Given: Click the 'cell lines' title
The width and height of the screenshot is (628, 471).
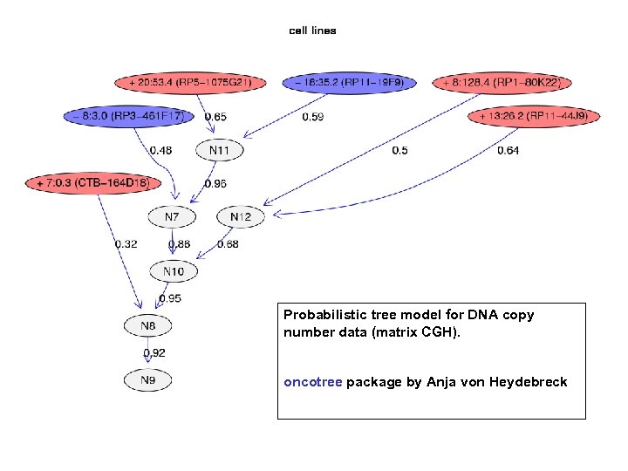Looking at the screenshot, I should pyautogui.click(x=312, y=31).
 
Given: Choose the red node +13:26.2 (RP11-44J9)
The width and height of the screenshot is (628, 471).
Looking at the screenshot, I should pyautogui.click(x=534, y=116).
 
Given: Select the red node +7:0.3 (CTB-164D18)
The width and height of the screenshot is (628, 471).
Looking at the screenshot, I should pyautogui.click(x=93, y=183).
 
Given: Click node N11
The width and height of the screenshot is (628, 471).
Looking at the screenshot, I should pyautogui.click(x=220, y=150).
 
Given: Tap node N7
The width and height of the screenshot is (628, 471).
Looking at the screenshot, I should pyautogui.click(x=173, y=216).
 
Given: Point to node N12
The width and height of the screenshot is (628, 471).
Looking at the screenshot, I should pyautogui.click(x=241, y=216).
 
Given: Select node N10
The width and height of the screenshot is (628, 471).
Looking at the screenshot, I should pyautogui.click(x=174, y=271).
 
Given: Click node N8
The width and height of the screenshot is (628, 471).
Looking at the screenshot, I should pyautogui.click(x=148, y=326).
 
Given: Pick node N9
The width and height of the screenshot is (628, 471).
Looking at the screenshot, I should pyautogui.click(x=148, y=380).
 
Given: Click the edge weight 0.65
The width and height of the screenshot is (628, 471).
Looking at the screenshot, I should pyautogui.click(x=215, y=117).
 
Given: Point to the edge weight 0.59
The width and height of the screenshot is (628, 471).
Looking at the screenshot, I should pyautogui.click(x=312, y=117).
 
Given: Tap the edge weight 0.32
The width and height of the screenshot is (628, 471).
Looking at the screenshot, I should pyautogui.click(x=126, y=244).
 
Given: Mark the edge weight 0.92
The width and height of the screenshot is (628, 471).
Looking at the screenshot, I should pyautogui.click(x=154, y=353).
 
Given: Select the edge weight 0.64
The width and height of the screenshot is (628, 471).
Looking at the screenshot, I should pyautogui.click(x=508, y=151).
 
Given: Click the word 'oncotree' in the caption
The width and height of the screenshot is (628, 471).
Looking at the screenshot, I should pyautogui.click(x=312, y=382).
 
